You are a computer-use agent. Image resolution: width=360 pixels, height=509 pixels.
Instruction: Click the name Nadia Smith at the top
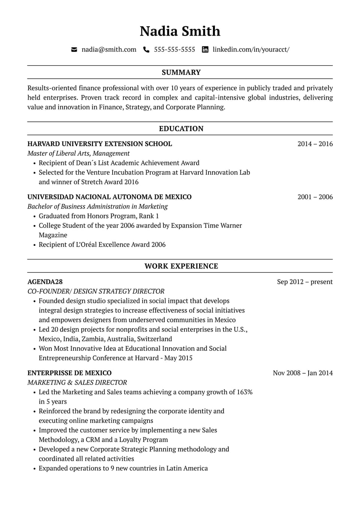[180, 31]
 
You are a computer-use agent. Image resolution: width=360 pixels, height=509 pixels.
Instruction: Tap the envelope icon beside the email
[74, 49]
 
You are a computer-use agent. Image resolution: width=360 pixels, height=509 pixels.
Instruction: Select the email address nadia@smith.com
[109, 49]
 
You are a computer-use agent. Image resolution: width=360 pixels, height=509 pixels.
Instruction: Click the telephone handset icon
[146, 49]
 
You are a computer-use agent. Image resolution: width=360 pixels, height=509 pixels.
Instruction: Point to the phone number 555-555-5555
[174, 49]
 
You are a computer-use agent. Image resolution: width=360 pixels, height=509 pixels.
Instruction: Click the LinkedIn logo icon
[205, 49]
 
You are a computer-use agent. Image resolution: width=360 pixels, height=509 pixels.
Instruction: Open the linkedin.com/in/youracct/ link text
[251, 49]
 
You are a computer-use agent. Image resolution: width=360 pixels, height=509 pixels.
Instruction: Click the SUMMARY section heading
[181, 72]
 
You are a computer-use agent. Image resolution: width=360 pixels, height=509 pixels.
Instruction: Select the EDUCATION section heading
[181, 129]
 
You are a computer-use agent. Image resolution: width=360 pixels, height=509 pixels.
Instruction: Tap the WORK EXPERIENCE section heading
[181, 266]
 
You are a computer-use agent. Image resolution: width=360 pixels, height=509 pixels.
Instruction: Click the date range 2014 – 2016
[315, 144]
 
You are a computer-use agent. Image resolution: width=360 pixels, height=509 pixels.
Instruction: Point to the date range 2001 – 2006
[315, 197]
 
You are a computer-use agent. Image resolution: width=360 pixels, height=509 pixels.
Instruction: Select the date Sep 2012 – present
[304, 282]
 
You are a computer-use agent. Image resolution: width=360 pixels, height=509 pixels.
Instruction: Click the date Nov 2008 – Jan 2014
[303, 373]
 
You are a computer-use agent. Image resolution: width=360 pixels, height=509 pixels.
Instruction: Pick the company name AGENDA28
[45, 282]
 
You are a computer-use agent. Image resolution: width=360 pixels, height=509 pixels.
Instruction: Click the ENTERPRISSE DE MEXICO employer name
[69, 373]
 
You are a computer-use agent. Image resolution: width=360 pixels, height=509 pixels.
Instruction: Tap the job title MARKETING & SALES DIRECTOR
[77, 383]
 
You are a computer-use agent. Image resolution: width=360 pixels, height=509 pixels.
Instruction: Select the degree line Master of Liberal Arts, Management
[78, 153]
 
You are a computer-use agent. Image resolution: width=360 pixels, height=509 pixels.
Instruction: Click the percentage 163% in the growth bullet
[244, 392]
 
